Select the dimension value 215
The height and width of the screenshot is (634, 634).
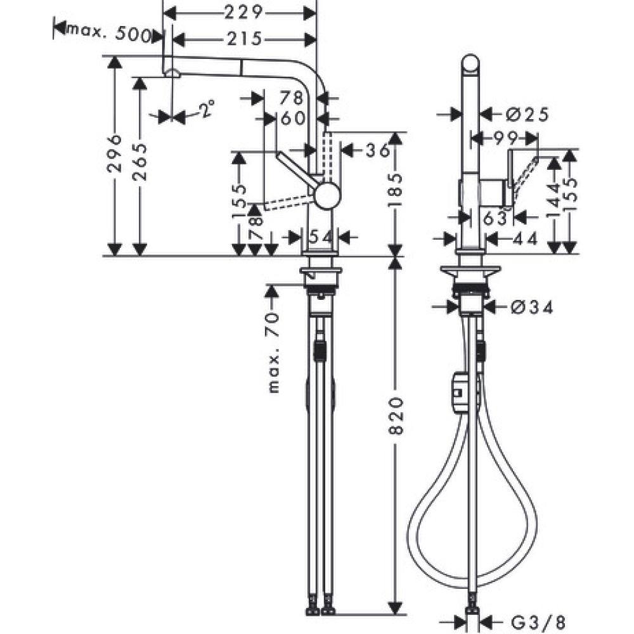pos(244,39)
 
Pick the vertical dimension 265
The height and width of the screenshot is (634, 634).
pos(140,162)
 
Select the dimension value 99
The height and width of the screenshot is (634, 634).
pos(506,136)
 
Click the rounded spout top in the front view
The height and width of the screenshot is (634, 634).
pos(470,66)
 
